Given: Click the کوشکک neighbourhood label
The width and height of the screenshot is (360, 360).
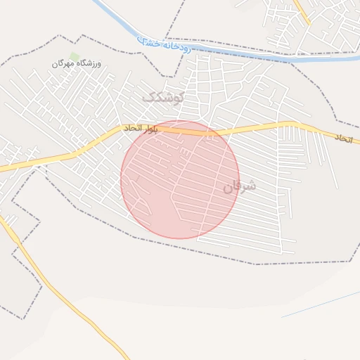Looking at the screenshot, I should (162, 98).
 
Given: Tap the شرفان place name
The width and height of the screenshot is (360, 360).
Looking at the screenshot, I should (240, 186).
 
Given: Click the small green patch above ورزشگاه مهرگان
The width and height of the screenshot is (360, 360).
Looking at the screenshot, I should (75, 56).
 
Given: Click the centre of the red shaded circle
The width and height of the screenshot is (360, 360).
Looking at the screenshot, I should (180, 179).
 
